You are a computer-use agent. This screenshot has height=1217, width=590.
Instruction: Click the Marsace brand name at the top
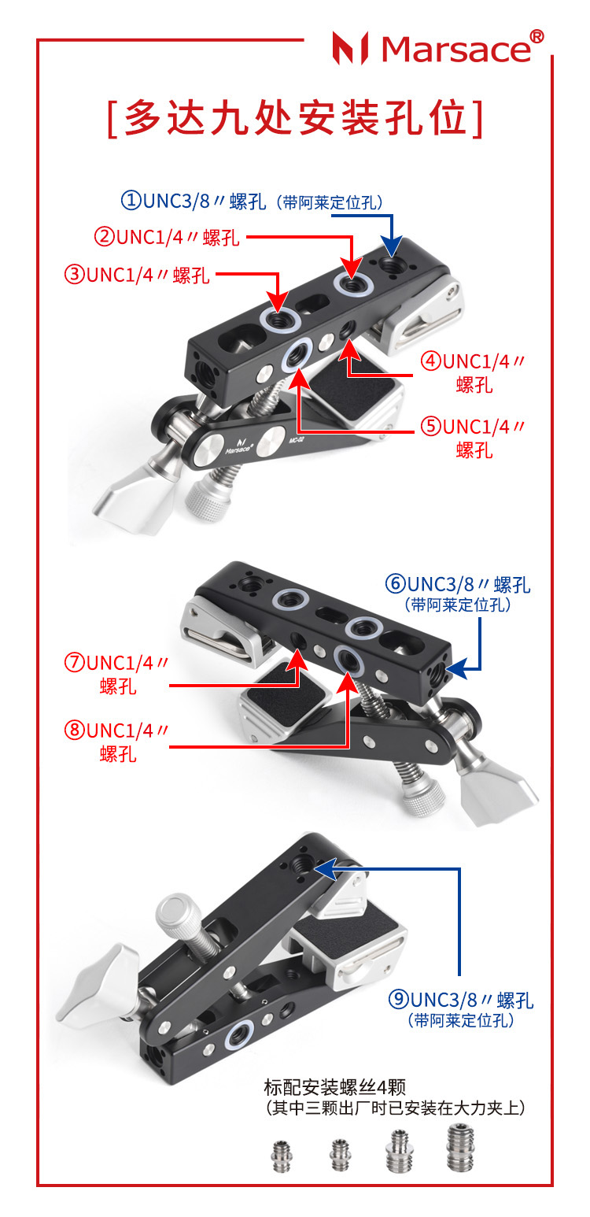pyautogui.click(x=456, y=50)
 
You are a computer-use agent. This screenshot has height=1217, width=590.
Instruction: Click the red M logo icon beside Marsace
pyautogui.click(x=351, y=48)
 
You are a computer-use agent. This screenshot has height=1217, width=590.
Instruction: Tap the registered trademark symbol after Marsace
pyautogui.click(x=537, y=36)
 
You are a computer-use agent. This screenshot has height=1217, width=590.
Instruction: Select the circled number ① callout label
pyautogui.click(x=131, y=201)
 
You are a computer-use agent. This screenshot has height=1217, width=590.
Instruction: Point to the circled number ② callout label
pyautogui.click(x=104, y=238)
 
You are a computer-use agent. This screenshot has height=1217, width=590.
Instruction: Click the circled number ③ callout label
pyautogui.click(x=75, y=275)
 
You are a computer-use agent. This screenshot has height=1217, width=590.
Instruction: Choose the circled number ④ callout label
pyautogui.click(x=432, y=361)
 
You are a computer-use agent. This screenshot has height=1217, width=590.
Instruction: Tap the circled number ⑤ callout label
pyautogui.click(x=432, y=427)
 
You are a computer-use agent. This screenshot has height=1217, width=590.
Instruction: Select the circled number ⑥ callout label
pyautogui.click(x=396, y=584)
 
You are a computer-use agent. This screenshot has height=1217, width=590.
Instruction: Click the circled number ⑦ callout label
pyautogui.click(x=75, y=663)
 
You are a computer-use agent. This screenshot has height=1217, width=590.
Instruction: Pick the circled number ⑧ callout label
pyautogui.click(x=75, y=731)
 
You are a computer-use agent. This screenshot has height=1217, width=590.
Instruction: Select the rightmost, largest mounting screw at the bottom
pyautogui.click(x=460, y=1147)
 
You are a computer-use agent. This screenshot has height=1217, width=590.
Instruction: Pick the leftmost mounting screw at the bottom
pyautogui.click(x=282, y=1155)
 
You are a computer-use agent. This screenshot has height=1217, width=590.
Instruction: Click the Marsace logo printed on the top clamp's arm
pyautogui.click(x=238, y=446)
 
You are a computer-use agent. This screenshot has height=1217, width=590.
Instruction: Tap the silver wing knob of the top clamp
pyautogui.click(x=134, y=495)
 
